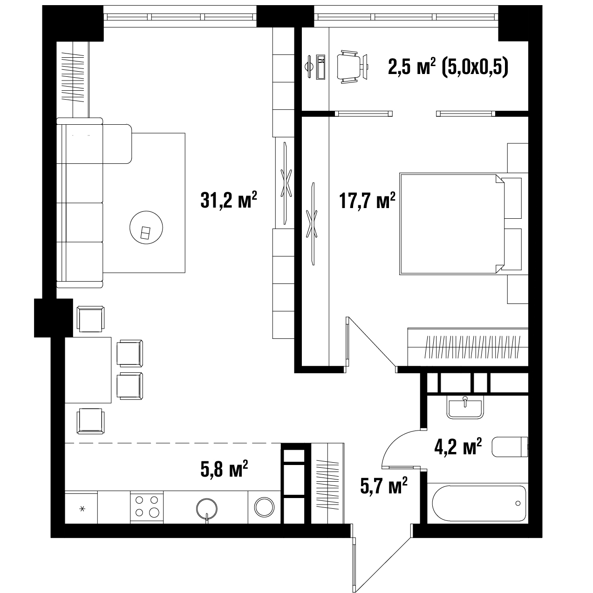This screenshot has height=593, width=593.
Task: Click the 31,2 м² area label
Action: click(x=229, y=200)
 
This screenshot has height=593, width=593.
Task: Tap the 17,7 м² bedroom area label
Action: click(x=367, y=200)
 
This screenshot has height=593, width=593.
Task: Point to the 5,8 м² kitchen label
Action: click(x=224, y=469)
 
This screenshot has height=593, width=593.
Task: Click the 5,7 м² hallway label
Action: click(x=384, y=485)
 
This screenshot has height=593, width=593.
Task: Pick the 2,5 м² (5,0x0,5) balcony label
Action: click(x=448, y=67)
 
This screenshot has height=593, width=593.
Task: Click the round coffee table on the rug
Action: click(x=146, y=228)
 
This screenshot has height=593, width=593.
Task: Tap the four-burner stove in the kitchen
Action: click(x=147, y=507)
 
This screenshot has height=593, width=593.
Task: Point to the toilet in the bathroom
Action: click(x=510, y=447)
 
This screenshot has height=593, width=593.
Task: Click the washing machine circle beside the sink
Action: click(x=264, y=506)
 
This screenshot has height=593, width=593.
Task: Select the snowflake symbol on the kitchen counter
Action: click(x=82, y=509)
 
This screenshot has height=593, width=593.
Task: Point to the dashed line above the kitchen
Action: click(x=173, y=443)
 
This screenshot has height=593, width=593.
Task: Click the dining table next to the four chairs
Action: click(x=88, y=370)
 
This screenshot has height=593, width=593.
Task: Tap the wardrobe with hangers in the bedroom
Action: click(x=468, y=347)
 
